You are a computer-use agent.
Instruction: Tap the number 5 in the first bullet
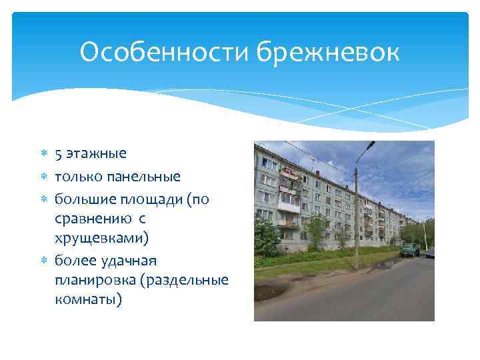point(59,154)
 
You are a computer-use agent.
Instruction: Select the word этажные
point(96,154)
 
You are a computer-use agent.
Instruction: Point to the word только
point(78,177)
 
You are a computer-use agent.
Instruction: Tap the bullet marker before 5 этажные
point(44,155)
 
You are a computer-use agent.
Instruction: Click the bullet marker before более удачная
point(44,260)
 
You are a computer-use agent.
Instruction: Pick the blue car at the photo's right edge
point(430,253)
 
